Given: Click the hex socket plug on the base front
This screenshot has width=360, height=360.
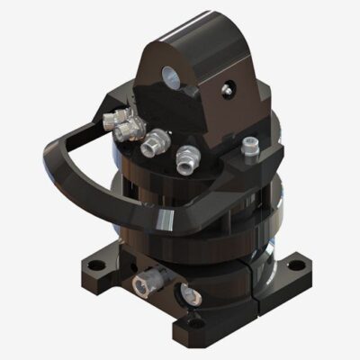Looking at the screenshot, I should click(144, 285).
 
